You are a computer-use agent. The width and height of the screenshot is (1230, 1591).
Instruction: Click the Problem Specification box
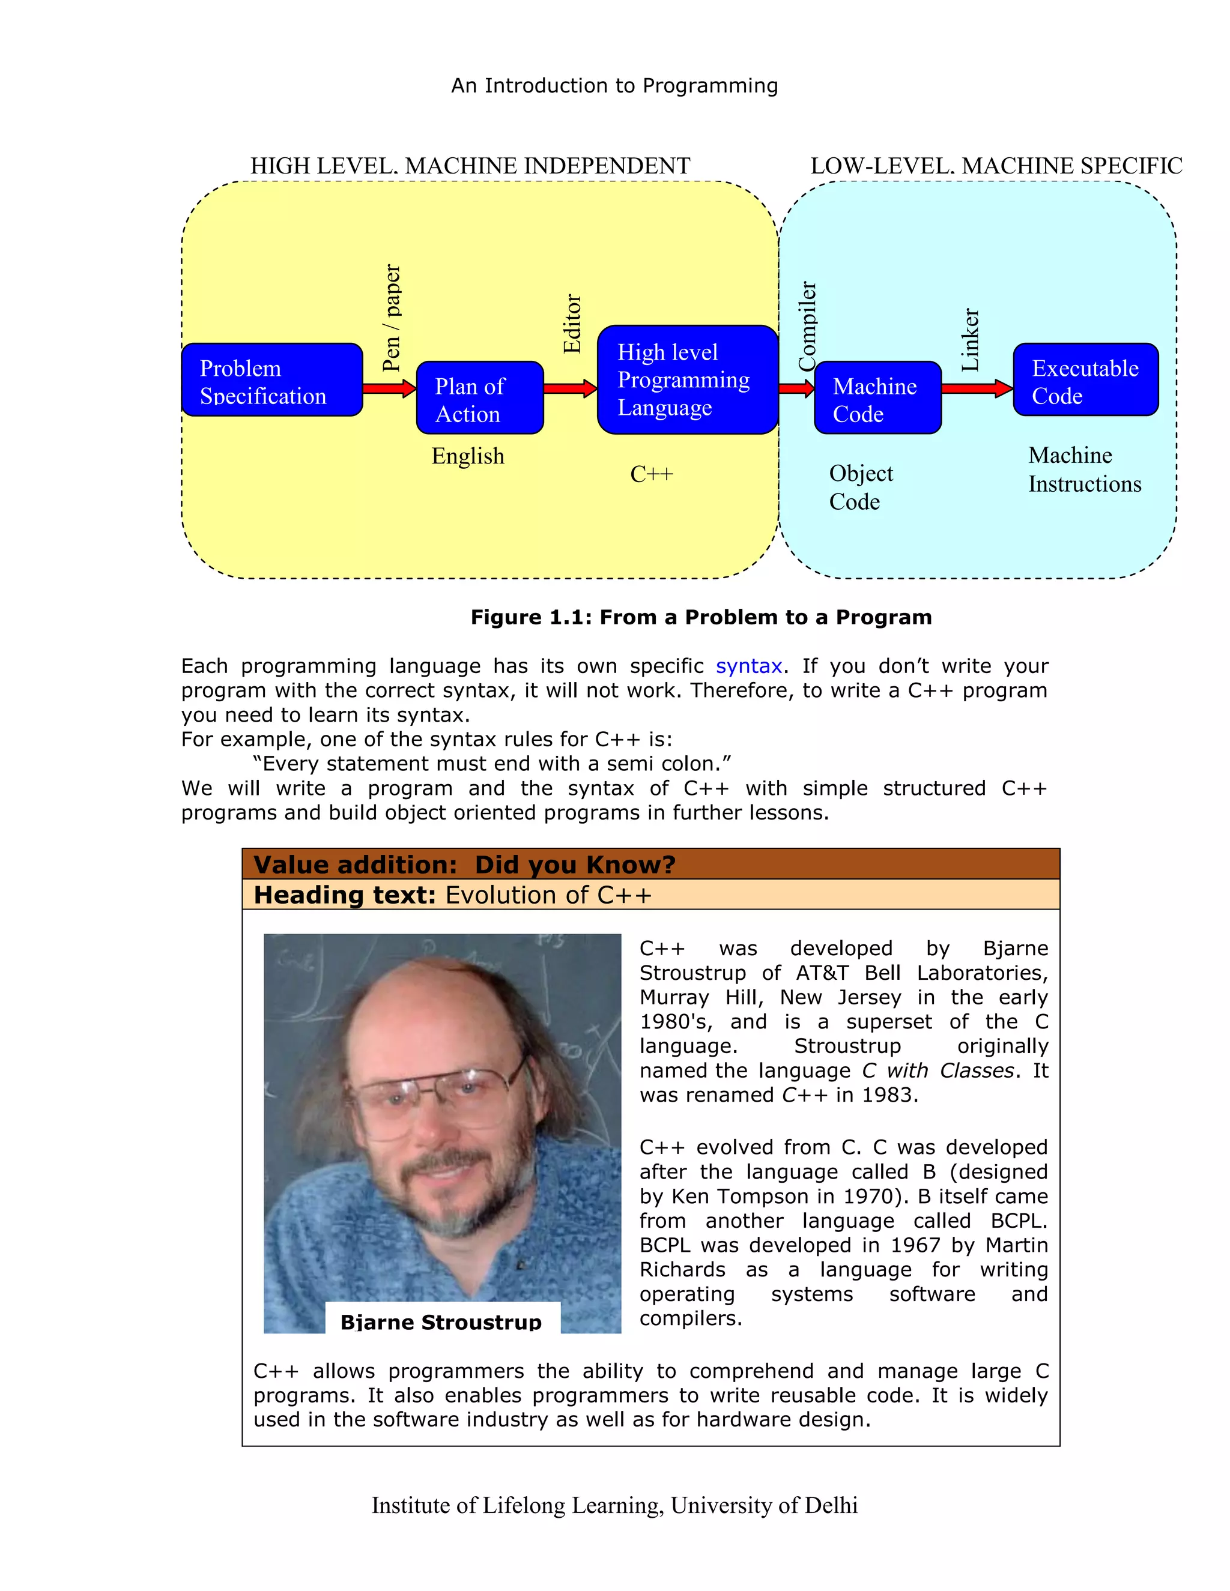(x=272, y=379)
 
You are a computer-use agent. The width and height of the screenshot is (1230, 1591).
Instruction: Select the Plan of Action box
(x=479, y=397)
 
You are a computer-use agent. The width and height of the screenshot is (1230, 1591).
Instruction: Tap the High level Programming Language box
(x=686, y=379)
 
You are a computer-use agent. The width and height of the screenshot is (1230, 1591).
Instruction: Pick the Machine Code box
(x=877, y=397)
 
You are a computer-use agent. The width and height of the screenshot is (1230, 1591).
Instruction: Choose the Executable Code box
(x=1085, y=379)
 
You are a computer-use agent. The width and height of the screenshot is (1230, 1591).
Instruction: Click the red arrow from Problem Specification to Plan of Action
(x=389, y=388)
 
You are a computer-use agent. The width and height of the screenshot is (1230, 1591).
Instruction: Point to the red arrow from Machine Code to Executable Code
(x=977, y=388)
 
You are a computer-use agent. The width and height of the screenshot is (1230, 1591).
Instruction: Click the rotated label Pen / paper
(x=392, y=318)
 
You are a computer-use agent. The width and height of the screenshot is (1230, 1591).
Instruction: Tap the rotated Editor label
(x=572, y=324)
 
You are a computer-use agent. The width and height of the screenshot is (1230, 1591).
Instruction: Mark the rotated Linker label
(x=970, y=339)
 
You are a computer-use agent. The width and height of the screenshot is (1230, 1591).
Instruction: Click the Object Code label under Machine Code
(x=860, y=488)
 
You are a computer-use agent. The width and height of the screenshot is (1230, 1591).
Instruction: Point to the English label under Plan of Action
(x=468, y=456)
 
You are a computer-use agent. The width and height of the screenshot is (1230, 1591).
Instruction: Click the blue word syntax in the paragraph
(x=748, y=666)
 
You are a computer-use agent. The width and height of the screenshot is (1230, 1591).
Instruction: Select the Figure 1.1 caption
(x=701, y=617)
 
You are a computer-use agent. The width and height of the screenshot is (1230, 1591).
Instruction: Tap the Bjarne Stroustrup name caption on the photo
(x=441, y=1321)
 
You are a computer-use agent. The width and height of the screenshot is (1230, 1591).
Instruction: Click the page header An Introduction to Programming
(x=614, y=86)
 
